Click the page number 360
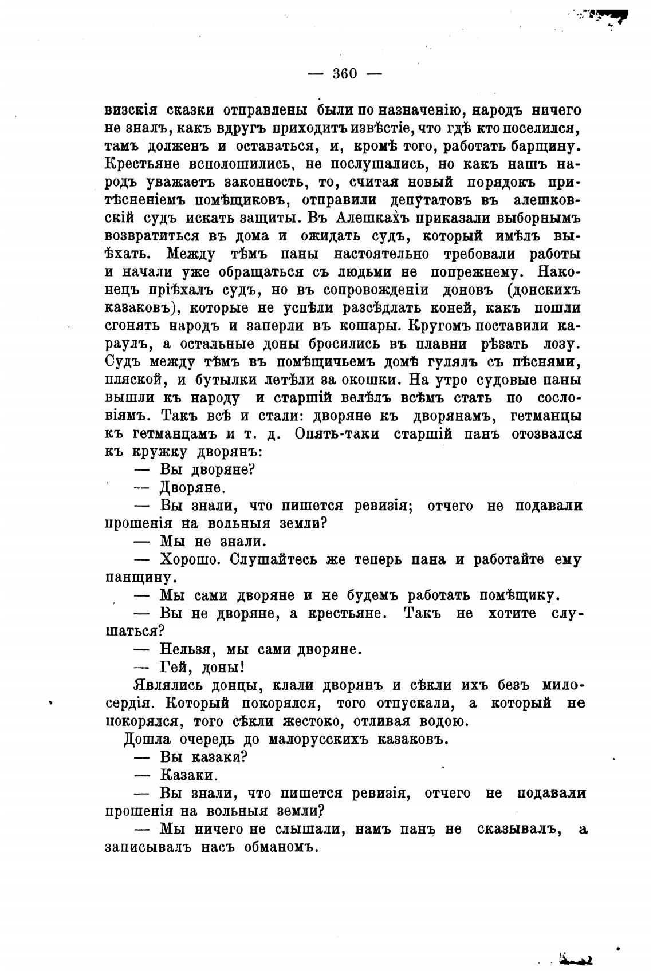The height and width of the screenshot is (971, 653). tap(345, 74)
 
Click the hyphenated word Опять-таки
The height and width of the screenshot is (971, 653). tap(336, 434)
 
